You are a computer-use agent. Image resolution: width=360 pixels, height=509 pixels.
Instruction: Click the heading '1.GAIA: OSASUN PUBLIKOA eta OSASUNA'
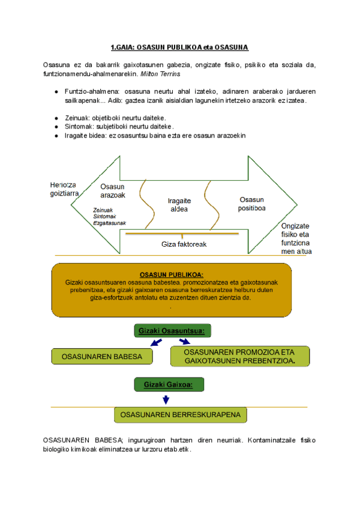pyautogui.click(x=179, y=47)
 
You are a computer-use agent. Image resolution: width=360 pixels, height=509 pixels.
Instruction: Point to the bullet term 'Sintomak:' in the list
pyautogui.click(x=80, y=127)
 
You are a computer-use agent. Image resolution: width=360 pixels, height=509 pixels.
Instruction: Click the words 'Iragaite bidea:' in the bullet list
pyautogui.click(x=86, y=136)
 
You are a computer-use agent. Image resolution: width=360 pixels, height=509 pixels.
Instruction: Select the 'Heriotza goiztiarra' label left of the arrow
pyautogui.click(x=63, y=189)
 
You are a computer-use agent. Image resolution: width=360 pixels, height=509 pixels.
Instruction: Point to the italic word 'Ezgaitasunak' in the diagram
pyautogui.click(x=109, y=222)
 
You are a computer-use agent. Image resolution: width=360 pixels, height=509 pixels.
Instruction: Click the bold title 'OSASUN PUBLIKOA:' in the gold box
pyautogui.click(x=171, y=274)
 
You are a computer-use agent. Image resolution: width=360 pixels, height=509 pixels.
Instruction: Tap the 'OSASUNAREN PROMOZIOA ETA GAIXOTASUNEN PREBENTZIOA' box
pyautogui.click(x=239, y=356)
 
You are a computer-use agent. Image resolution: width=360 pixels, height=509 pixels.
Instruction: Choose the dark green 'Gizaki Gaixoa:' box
pyautogui.click(x=167, y=384)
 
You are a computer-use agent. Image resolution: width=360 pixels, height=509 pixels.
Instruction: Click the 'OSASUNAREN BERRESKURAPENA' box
pyautogui.click(x=180, y=415)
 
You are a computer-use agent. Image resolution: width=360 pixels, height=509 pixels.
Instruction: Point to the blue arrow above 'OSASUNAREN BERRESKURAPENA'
pyautogui.click(x=166, y=400)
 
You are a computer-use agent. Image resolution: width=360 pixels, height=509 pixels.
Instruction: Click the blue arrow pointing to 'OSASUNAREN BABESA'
pyautogui.click(x=156, y=342)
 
